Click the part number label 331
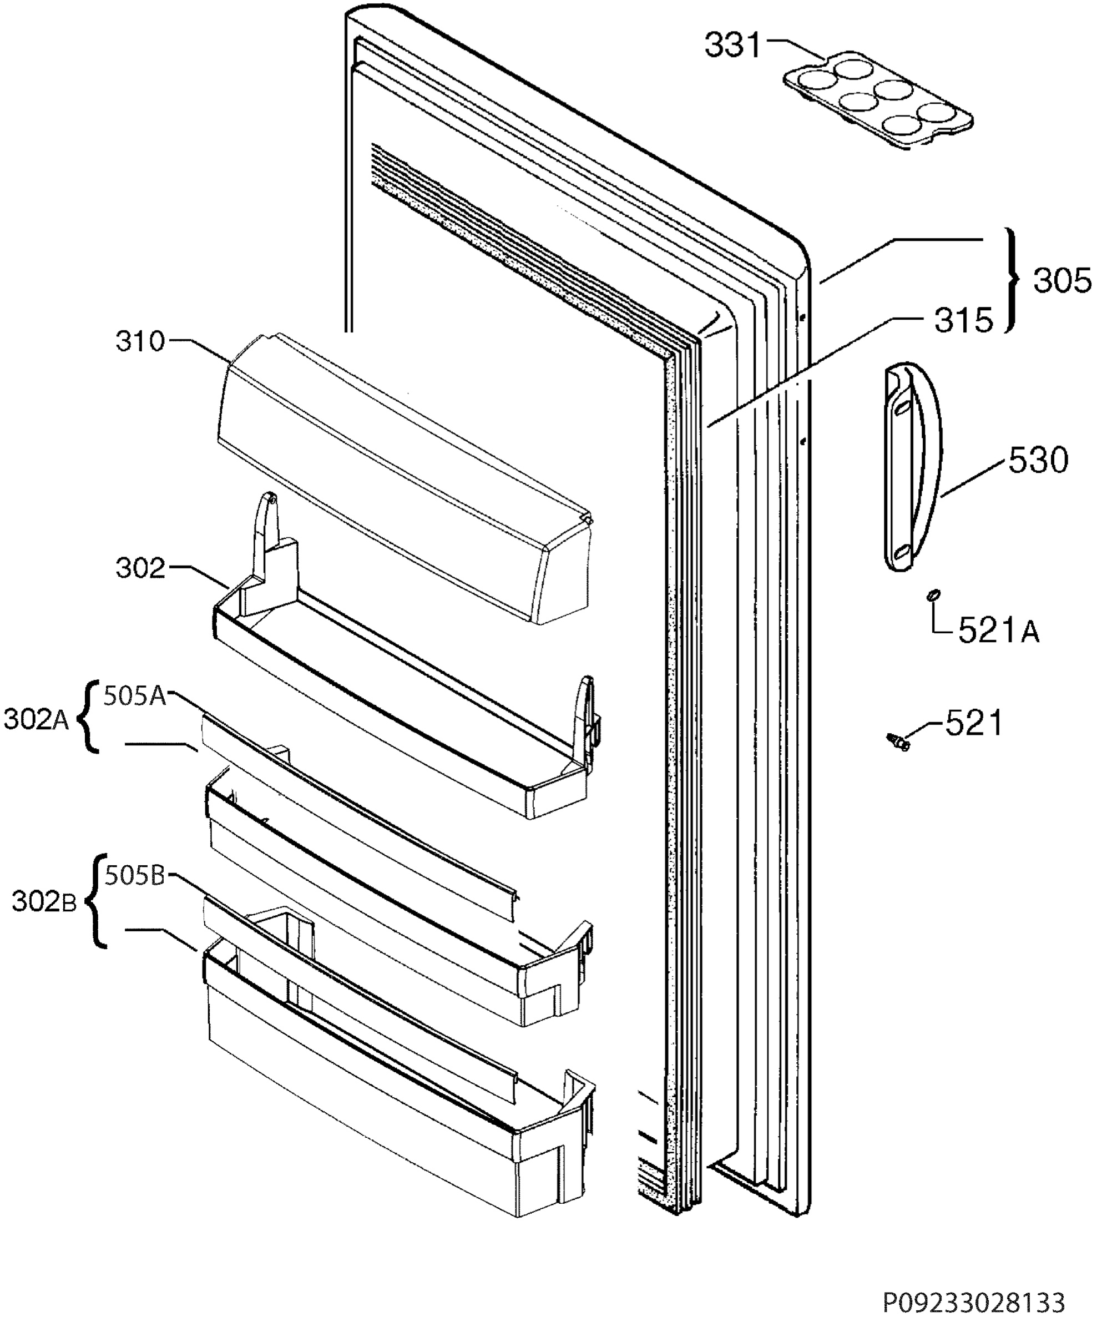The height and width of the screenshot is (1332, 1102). [x=732, y=46]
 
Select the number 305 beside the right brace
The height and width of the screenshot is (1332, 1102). [x=1063, y=280]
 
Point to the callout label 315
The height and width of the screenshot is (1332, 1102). [x=963, y=320]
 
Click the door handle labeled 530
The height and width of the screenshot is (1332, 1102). [x=913, y=466]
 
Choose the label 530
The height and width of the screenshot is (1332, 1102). [x=1039, y=461]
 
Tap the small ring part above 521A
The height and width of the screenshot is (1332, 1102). [x=933, y=595]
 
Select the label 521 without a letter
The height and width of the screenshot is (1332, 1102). [x=974, y=723]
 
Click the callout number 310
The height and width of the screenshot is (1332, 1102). [x=140, y=342]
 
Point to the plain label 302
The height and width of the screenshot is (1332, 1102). [x=140, y=568]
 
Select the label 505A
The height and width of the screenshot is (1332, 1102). [x=135, y=696]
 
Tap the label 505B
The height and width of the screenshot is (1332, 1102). [x=135, y=876]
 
